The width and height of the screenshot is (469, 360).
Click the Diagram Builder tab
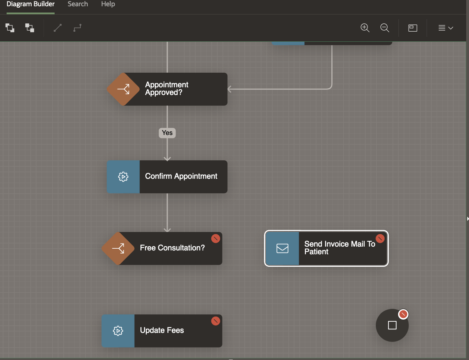(x=31, y=4)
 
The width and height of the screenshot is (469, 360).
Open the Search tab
(x=78, y=4)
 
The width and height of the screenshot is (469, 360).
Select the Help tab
(x=108, y=4)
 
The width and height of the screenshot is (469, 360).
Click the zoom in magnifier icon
(x=365, y=28)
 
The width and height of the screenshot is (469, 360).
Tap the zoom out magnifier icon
(x=385, y=28)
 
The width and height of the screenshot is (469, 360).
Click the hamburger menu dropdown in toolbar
(x=445, y=28)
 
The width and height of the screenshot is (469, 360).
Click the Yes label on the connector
(x=167, y=133)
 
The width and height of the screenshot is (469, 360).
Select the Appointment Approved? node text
(x=167, y=89)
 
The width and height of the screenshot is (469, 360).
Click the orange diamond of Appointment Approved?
(x=123, y=89)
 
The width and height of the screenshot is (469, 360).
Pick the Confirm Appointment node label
(x=181, y=176)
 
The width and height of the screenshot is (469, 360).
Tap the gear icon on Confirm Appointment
(x=123, y=177)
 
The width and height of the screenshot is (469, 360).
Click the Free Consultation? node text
(x=172, y=248)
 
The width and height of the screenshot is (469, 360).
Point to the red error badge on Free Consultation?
(x=216, y=239)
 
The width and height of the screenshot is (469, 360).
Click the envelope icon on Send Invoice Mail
(x=282, y=248)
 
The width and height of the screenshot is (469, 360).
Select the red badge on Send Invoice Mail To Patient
(x=380, y=238)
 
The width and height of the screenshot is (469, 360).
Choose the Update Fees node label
(x=162, y=330)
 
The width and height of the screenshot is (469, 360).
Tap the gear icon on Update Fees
(x=118, y=331)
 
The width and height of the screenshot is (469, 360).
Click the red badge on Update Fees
(x=216, y=321)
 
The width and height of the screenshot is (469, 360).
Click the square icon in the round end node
(x=392, y=325)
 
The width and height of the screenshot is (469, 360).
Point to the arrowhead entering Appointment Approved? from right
(x=229, y=89)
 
